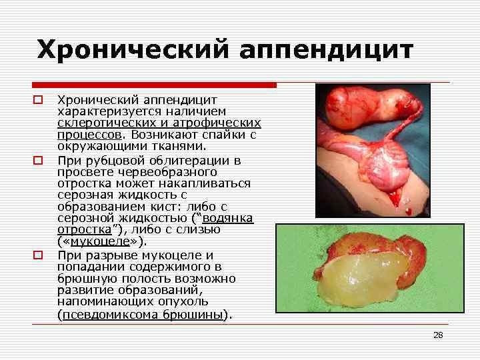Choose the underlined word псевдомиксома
tap(109, 315)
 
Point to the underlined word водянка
tap(228, 218)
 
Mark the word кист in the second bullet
tap(167, 206)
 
